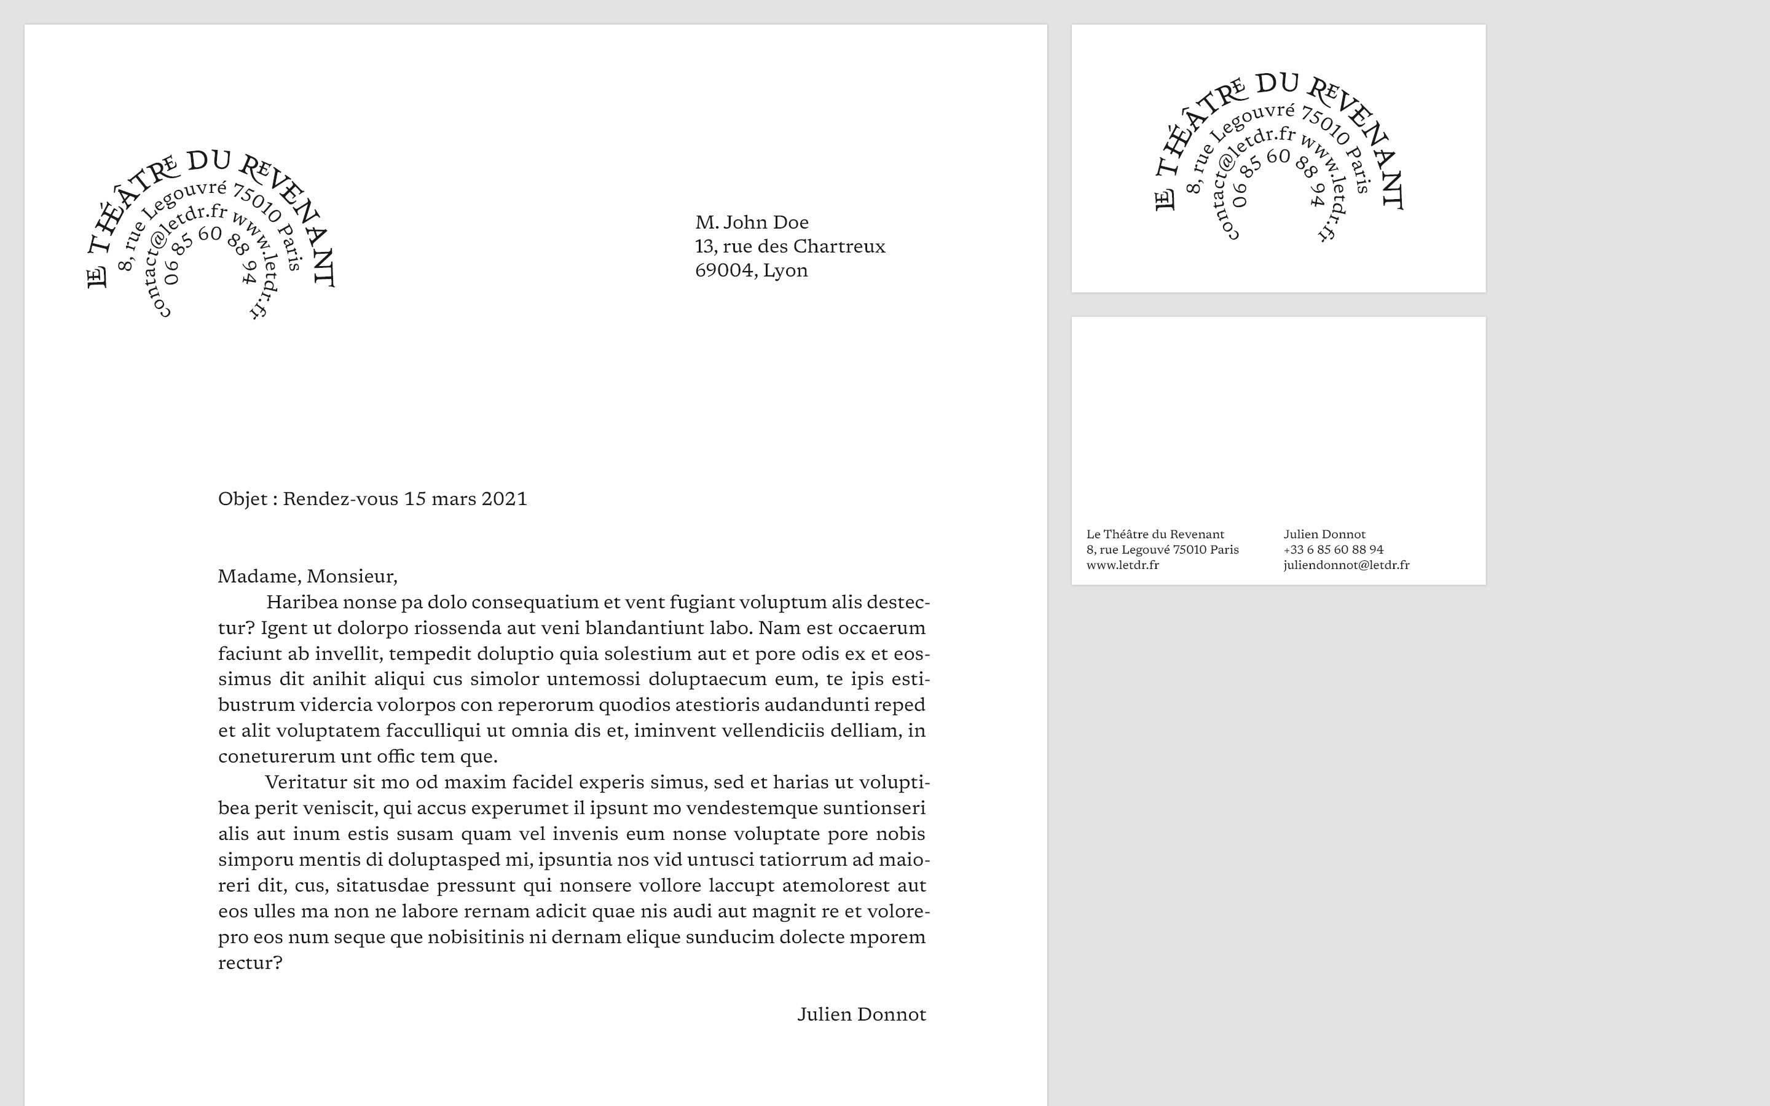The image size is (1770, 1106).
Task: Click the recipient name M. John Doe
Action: click(751, 222)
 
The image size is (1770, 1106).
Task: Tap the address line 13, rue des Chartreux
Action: click(790, 246)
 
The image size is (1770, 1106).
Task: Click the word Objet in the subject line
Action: click(242, 499)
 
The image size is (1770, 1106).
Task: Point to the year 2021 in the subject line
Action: click(504, 499)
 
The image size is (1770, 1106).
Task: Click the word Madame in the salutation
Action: click(259, 576)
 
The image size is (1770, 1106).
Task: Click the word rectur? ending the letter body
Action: click(250, 963)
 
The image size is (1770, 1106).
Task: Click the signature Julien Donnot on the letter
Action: click(861, 1014)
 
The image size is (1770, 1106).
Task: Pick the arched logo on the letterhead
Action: click(211, 234)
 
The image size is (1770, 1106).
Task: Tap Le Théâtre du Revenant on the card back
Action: click(1155, 535)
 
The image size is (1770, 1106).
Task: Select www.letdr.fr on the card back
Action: click(1122, 565)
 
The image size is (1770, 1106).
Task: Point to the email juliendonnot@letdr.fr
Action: click(1346, 565)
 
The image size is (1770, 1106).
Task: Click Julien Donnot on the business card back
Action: click(1324, 535)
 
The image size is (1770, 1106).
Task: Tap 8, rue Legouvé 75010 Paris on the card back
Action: click(1162, 550)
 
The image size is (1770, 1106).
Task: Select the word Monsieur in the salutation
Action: click(351, 576)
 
